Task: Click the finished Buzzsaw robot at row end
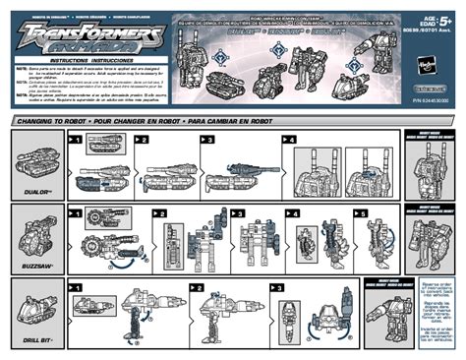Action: (x=426, y=241)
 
